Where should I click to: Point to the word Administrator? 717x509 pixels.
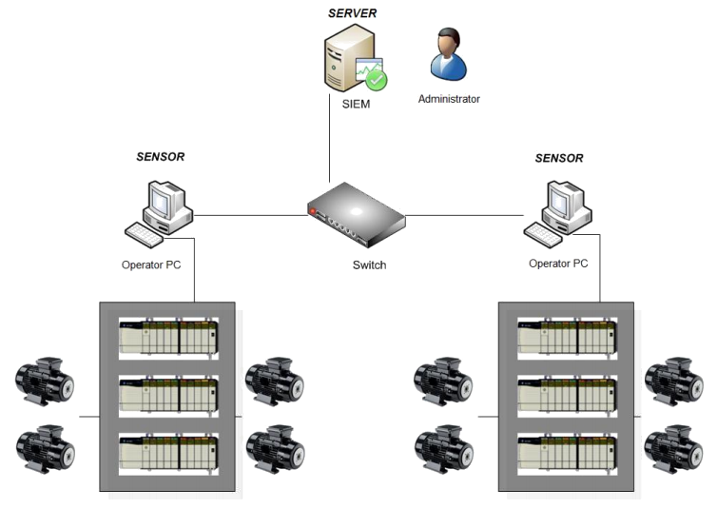tap(449, 98)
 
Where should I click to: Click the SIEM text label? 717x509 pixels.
tap(356, 105)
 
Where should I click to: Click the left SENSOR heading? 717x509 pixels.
tap(160, 156)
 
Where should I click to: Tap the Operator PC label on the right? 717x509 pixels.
tap(557, 263)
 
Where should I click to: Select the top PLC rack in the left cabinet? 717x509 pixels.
tap(167, 336)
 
